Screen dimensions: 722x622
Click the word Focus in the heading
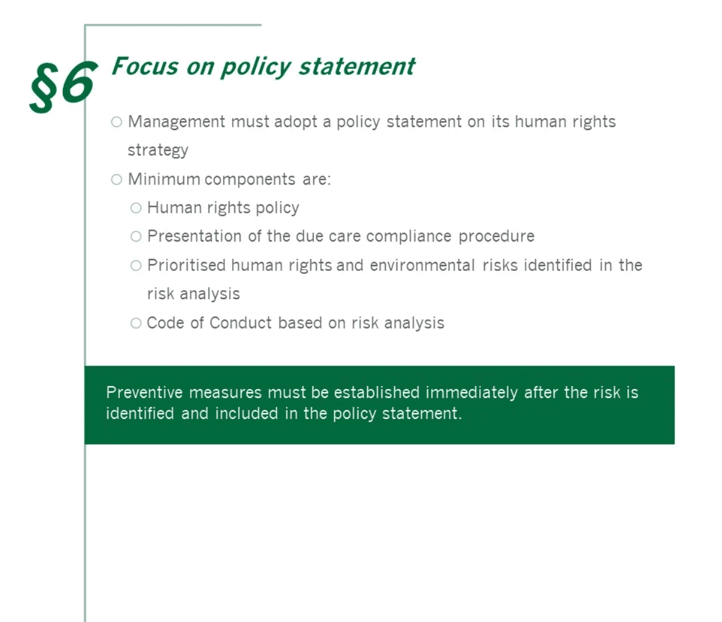[x=145, y=66]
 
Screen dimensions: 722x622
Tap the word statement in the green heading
[x=357, y=66]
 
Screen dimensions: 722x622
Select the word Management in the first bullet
[x=176, y=122]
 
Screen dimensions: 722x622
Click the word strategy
[x=158, y=150]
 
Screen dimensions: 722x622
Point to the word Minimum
[x=164, y=179]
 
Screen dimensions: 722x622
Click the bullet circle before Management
[x=117, y=122]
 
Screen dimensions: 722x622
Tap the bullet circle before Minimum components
[x=117, y=180]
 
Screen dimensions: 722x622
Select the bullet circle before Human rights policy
[x=136, y=209]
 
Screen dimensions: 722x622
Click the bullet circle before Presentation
[x=136, y=237]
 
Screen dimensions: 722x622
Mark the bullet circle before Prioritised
[x=136, y=265]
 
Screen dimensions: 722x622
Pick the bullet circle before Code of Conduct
[x=136, y=323]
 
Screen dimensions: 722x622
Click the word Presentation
[x=194, y=236]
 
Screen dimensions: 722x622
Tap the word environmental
[x=422, y=265]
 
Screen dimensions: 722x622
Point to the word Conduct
[x=240, y=323]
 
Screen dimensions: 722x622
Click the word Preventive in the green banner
[x=145, y=392]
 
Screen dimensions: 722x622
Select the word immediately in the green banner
[x=471, y=393]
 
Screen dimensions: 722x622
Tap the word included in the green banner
[x=246, y=413]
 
